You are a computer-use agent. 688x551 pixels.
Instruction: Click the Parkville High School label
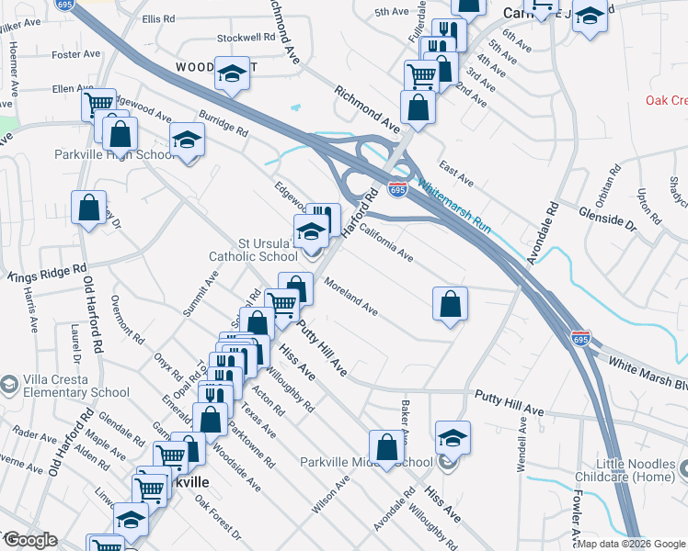click(114, 154)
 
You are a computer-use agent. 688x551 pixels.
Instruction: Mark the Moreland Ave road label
click(350, 296)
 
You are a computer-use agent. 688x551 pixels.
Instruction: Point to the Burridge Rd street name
click(224, 128)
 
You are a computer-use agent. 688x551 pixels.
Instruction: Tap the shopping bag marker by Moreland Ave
click(450, 304)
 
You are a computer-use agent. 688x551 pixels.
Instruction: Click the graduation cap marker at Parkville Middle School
click(453, 437)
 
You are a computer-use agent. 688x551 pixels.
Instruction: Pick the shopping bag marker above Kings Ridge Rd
click(88, 208)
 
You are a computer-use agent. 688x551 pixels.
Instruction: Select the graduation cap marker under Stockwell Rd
click(232, 73)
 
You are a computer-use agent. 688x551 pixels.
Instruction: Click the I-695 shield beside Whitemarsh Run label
click(397, 189)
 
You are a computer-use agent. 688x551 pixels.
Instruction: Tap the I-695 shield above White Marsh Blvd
click(579, 337)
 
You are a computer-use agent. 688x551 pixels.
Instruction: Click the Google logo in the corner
click(29, 540)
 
